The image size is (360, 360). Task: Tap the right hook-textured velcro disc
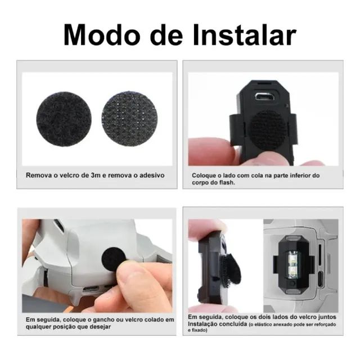(x=129, y=119)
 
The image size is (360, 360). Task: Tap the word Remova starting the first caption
(x=40, y=175)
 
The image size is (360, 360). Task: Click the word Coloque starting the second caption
(x=206, y=175)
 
